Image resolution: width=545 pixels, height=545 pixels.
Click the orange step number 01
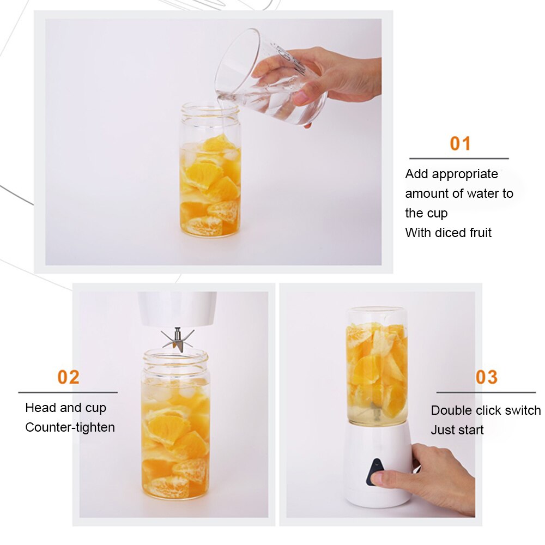(x=460, y=143)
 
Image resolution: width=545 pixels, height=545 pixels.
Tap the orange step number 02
(x=69, y=377)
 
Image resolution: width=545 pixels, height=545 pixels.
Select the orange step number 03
(x=486, y=377)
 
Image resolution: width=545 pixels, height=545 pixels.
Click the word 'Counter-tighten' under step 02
(x=70, y=427)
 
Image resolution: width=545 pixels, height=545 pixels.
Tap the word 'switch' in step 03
(x=522, y=410)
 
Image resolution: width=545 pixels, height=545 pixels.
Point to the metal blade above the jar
(x=177, y=339)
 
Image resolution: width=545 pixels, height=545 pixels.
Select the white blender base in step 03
(x=376, y=463)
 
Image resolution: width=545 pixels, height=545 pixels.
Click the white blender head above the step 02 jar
(x=177, y=308)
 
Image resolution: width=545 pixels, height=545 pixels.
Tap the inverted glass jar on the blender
(x=377, y=365)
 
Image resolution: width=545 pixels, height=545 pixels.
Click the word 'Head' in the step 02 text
(x=39, y=408)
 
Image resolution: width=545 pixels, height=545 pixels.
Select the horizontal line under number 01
(x=459, y=159)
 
